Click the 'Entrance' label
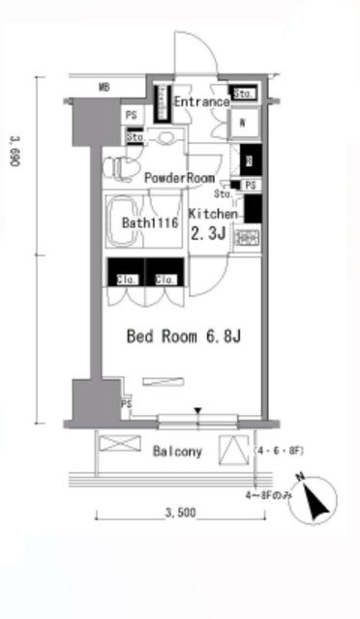click(202, 102)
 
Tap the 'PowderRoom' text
click(179, 178)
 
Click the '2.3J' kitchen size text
click(209, 234)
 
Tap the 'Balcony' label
click(177, 452)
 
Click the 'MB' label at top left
click(104, 88)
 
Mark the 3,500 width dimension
click(181, 512)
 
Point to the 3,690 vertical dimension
click(15, 150)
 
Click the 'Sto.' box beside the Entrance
click(244, 94)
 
